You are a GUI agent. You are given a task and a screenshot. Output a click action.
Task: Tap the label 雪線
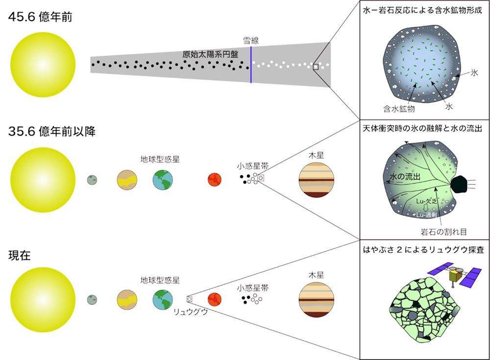251,41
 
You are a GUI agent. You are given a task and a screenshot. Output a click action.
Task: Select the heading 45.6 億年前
40,16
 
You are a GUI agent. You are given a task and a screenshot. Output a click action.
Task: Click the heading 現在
20,255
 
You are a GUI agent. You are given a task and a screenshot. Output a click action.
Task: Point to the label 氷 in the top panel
473,72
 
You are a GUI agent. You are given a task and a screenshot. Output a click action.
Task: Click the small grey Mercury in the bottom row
92,299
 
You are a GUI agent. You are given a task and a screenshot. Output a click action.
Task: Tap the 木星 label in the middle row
316,155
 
